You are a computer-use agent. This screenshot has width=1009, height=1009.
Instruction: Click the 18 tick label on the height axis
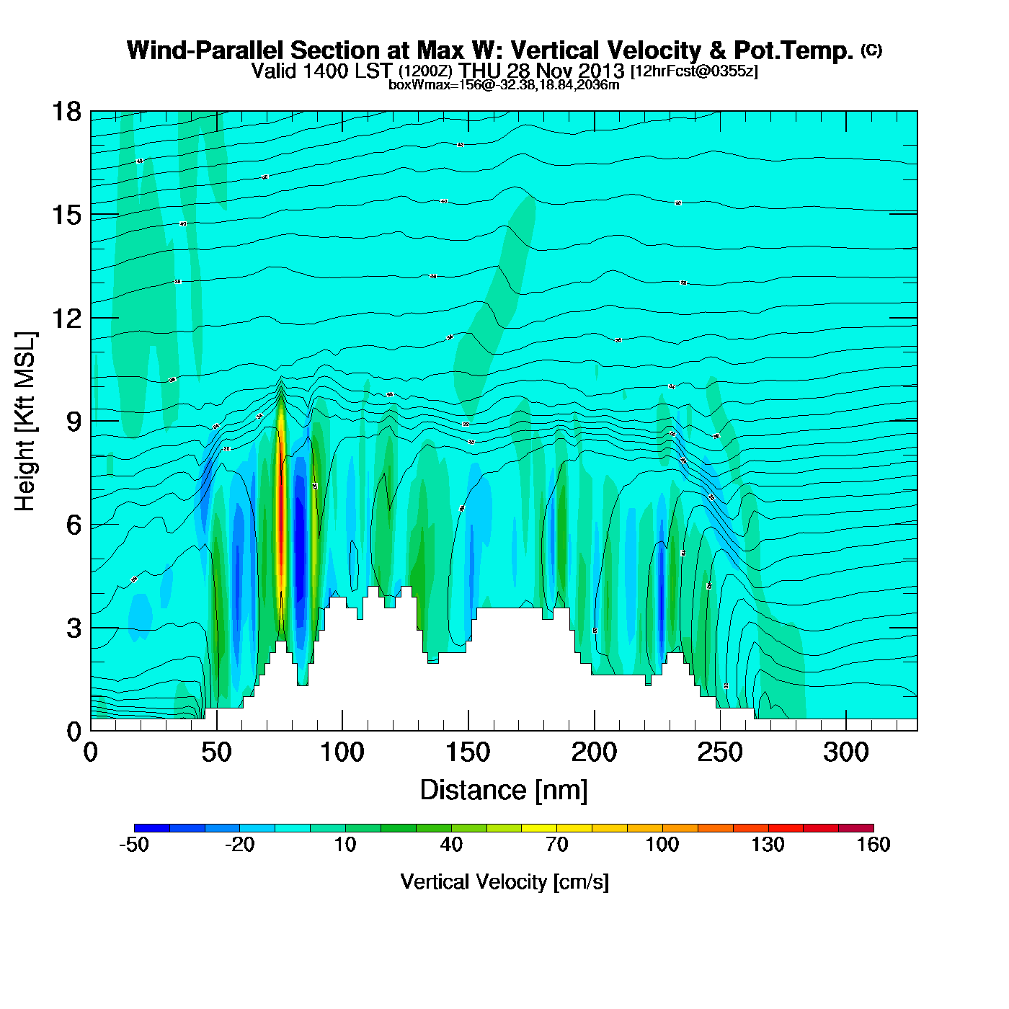click(x=66, y=112)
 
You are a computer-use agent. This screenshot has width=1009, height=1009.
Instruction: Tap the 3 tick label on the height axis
click(x=74, y=628)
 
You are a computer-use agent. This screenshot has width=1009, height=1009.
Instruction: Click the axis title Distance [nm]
click(x=504, y=791)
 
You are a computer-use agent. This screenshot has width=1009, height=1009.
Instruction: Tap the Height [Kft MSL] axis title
click(x=25, y=422)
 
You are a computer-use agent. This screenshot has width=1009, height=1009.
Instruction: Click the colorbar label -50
click(x=134, y=845)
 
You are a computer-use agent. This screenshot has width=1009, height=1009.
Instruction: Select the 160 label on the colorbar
click(x=874, y=845)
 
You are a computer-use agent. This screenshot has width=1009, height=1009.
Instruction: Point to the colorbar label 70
click(x=556, y=845)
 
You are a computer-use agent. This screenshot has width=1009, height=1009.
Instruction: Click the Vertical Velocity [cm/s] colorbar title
click(x=504, y=881)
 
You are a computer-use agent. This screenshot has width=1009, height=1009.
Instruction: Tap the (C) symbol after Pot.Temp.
click(x=871, y=50)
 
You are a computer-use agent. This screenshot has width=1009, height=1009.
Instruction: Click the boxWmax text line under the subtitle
click(x=504, y=85)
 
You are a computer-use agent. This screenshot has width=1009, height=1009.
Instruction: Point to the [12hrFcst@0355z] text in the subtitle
click(x=694, y=71)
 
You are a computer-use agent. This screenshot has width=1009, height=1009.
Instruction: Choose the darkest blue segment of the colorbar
click(x=151, y=828)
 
